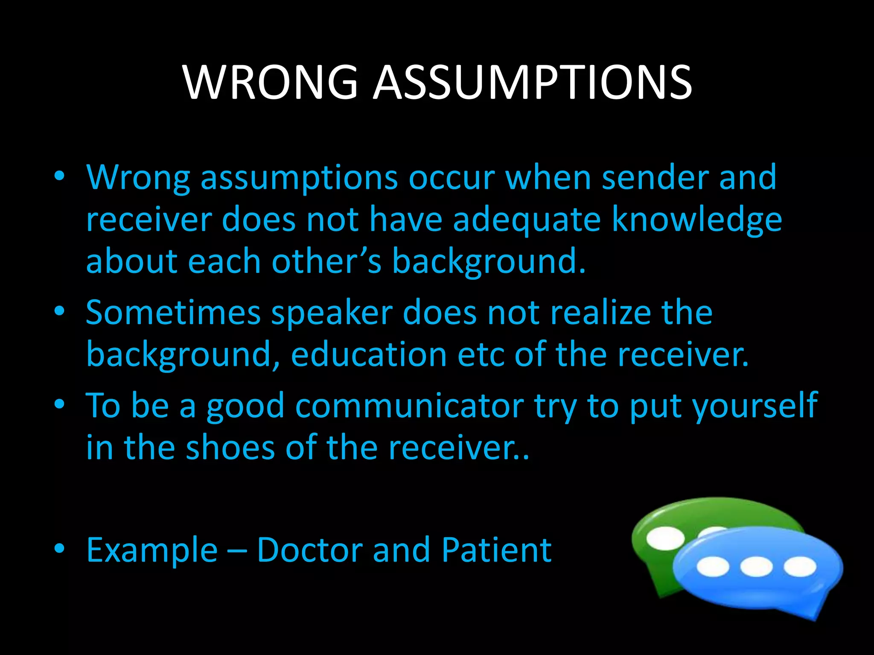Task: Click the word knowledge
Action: coord(696,220)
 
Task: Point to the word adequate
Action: coord(527,220)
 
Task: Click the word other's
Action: coord(326,261)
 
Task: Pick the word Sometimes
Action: coord(173,313)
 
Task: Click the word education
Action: coord(369,355)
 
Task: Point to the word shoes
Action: coord(230,447)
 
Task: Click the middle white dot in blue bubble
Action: coord(756,567)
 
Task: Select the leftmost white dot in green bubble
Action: coord(665,538)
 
